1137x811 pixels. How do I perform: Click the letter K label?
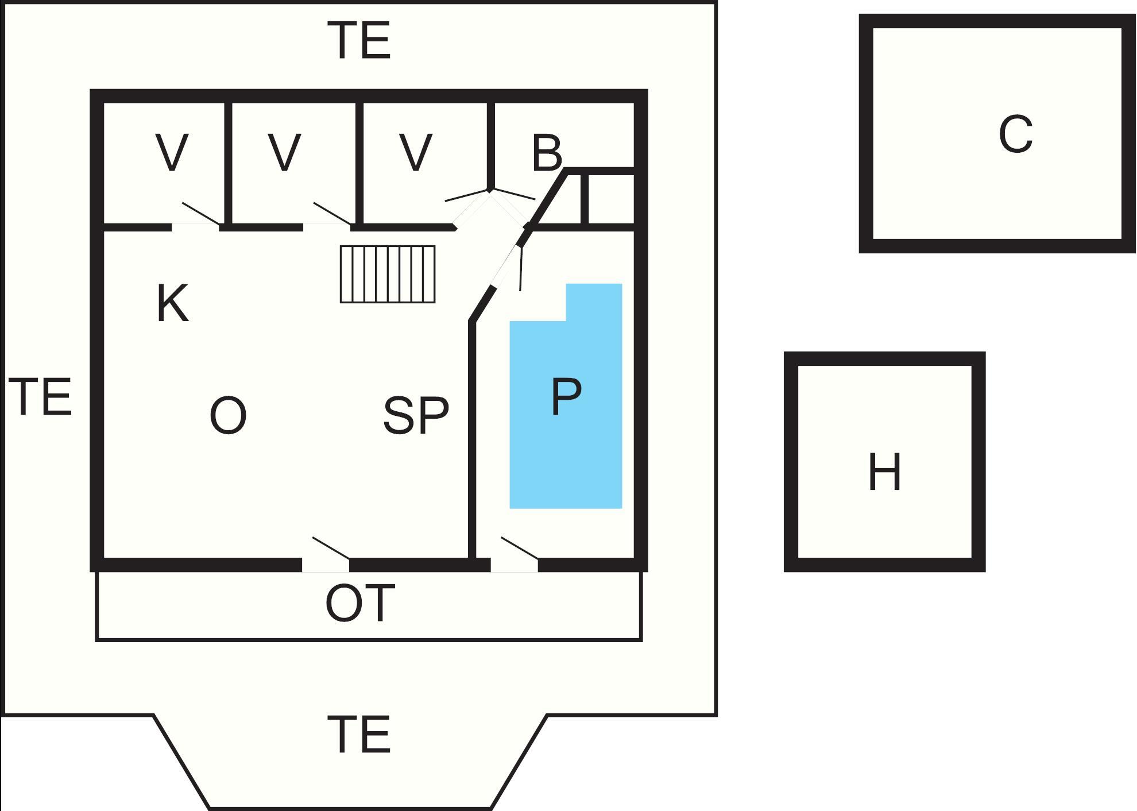click(x=173, y=304)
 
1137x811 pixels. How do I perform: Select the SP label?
click(x=416, y=415)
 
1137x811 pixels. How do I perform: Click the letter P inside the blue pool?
click(x=566, y=396)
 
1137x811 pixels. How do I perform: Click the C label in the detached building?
click(x=1015, y=134)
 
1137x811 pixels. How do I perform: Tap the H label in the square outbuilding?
click(x=884, y=472)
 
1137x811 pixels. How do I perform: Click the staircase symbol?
click(x=388, y=274)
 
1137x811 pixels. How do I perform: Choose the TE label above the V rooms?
click(x=362, y=40)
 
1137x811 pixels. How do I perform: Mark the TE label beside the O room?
click(x=41, y=396)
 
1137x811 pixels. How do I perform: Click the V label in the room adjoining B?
click(x=415, y=153)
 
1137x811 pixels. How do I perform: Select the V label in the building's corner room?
click(x=172, y=153)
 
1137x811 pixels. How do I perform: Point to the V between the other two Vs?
click(x=285, y=153)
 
